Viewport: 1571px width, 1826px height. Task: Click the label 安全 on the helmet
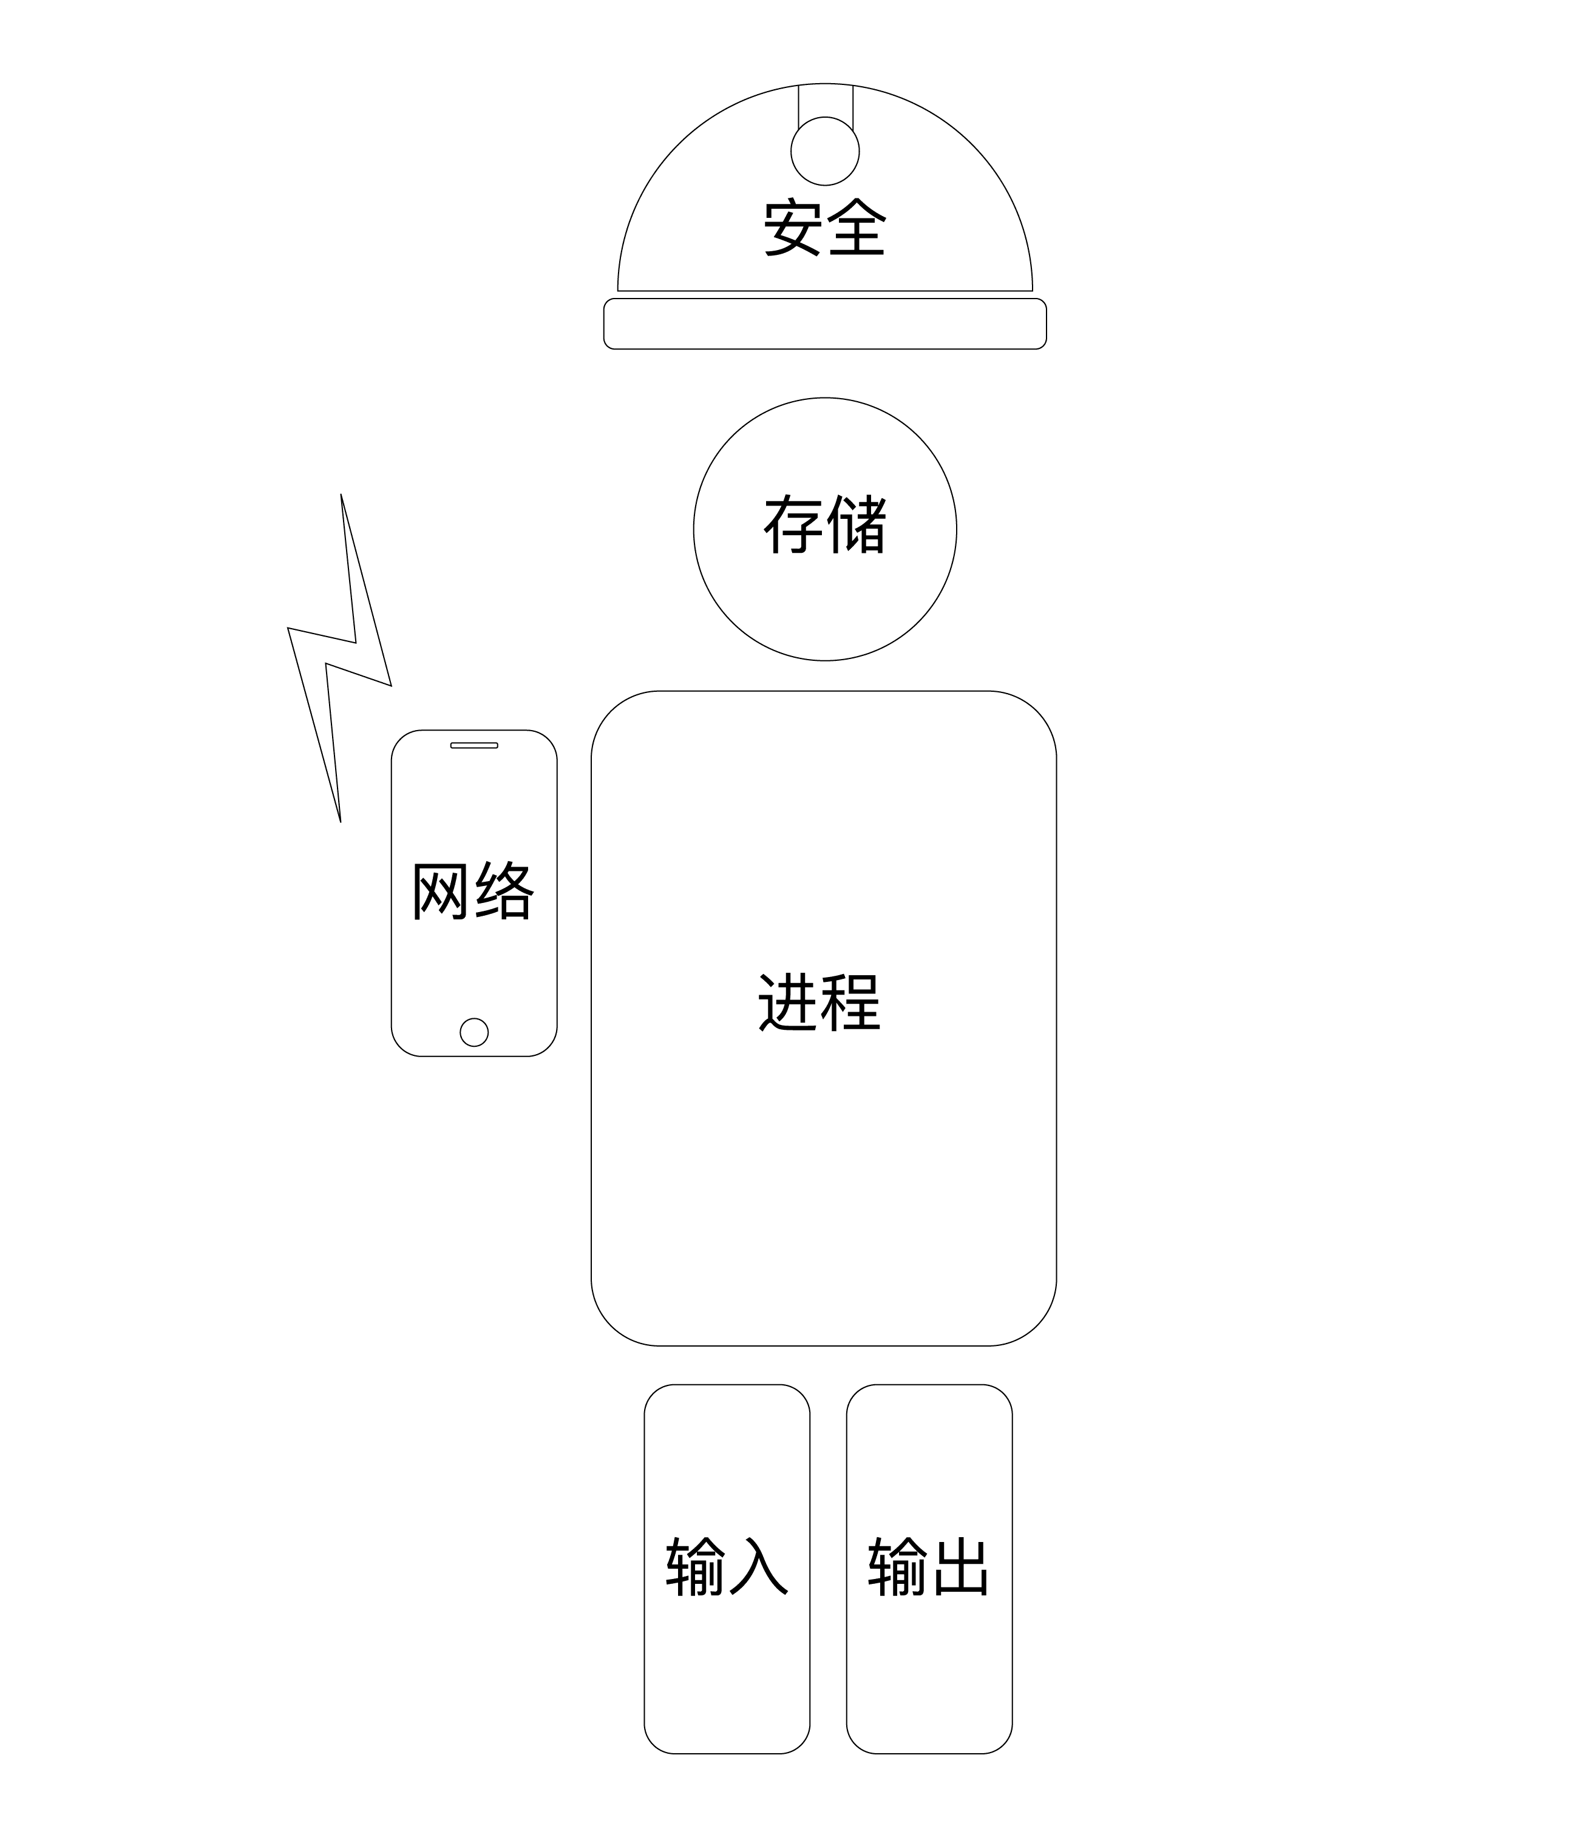point(824,228)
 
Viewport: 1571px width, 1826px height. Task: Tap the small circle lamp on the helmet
point(824,150)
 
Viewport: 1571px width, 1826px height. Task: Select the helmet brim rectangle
point(824,323)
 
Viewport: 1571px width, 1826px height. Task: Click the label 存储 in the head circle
point(824,526)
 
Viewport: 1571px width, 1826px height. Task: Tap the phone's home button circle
point(474,1032)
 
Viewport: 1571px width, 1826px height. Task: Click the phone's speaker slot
point(474,746)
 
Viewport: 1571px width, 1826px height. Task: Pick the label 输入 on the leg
point(727,1566)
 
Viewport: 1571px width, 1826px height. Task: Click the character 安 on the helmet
point(793,228)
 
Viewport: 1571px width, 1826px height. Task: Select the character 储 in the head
point(857,526)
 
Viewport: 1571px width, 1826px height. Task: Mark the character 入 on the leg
point(759,1566)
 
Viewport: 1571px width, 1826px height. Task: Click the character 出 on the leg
point(961,1566)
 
